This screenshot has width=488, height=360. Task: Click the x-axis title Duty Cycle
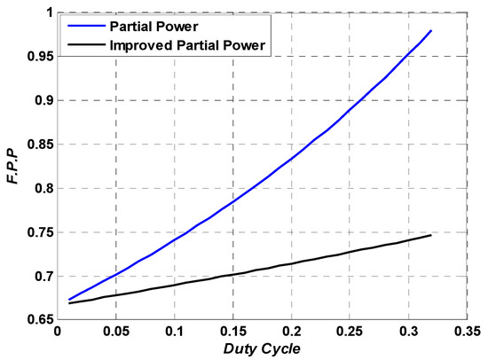pyautogui.click(x=263, y=348)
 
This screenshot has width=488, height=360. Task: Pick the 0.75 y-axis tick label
pyautogui.click(x=36, y=232)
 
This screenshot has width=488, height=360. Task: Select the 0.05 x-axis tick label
pyautogui.click(x=116, y=333)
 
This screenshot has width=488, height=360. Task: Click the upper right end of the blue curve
pyautogui.click(x=431, y=31)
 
